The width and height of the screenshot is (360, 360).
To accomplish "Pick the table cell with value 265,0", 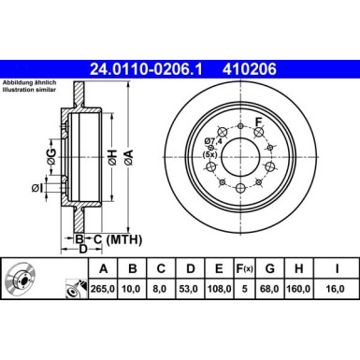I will (99, 287).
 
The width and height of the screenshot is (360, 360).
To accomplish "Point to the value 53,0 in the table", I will (192, 287).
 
